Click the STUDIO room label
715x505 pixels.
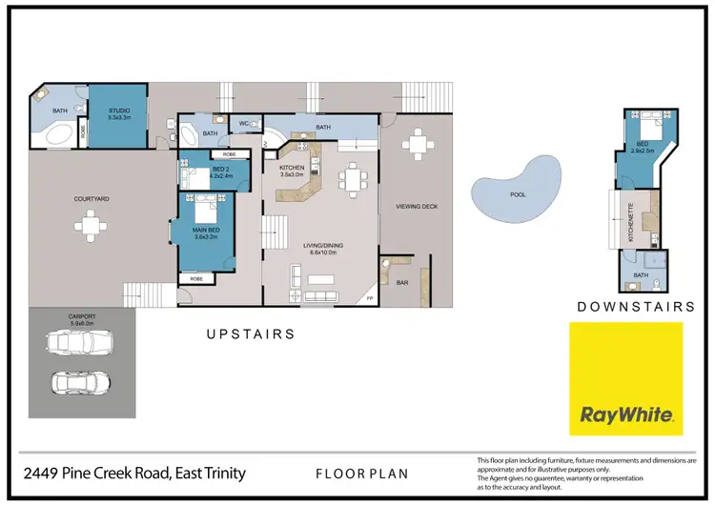tap(120, 111)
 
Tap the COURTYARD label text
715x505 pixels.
tap(92, 199)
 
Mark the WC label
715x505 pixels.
tap(244, 124)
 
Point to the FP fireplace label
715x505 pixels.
tap(370, 299)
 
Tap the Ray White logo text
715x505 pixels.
tap(626, 415)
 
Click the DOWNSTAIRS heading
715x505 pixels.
tap(636, 308)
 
